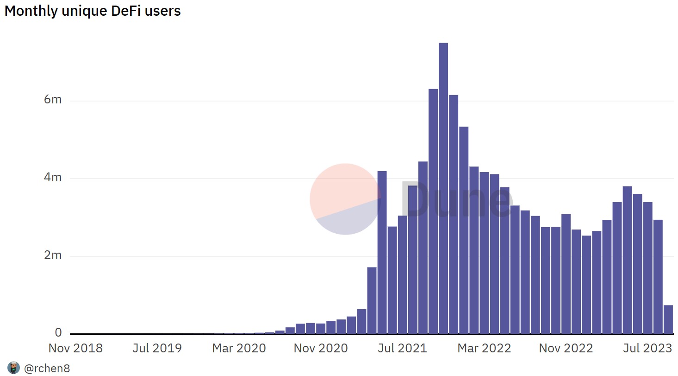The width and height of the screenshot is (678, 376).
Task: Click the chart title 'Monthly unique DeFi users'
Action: click(x=93, y=11)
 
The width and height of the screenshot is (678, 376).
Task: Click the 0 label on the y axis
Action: click(x=58, y=332)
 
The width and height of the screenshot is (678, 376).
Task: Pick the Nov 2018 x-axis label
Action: click(x=75, y=348)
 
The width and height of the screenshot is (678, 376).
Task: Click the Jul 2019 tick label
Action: click(x=157, y=348)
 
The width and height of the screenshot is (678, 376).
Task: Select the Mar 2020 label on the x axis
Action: click(x=239, y=348)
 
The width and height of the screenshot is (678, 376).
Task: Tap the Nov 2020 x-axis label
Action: click(x=321, y=348)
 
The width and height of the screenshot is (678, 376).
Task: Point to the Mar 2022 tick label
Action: click(x=484, y=348)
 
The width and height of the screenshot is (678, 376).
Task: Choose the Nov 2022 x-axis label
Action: click(x=566, y=348)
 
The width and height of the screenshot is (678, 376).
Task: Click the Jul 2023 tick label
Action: click(x=647, y=348)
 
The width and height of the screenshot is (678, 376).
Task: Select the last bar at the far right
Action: click(x=668, y=319)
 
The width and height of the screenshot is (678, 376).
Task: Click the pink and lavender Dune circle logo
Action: click(x=345, y=199)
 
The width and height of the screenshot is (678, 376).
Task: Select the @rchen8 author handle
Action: click(x=47, y=369)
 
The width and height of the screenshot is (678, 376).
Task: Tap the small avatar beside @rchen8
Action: click(x=13, y=368)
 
